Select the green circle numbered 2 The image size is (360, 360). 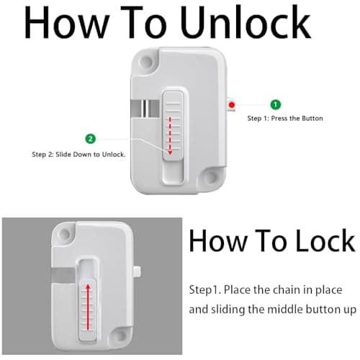(89, 138)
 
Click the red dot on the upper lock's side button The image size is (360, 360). (231, 105)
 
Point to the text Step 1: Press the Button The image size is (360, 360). (285, 118)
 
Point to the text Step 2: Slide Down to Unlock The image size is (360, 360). (79, 154)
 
